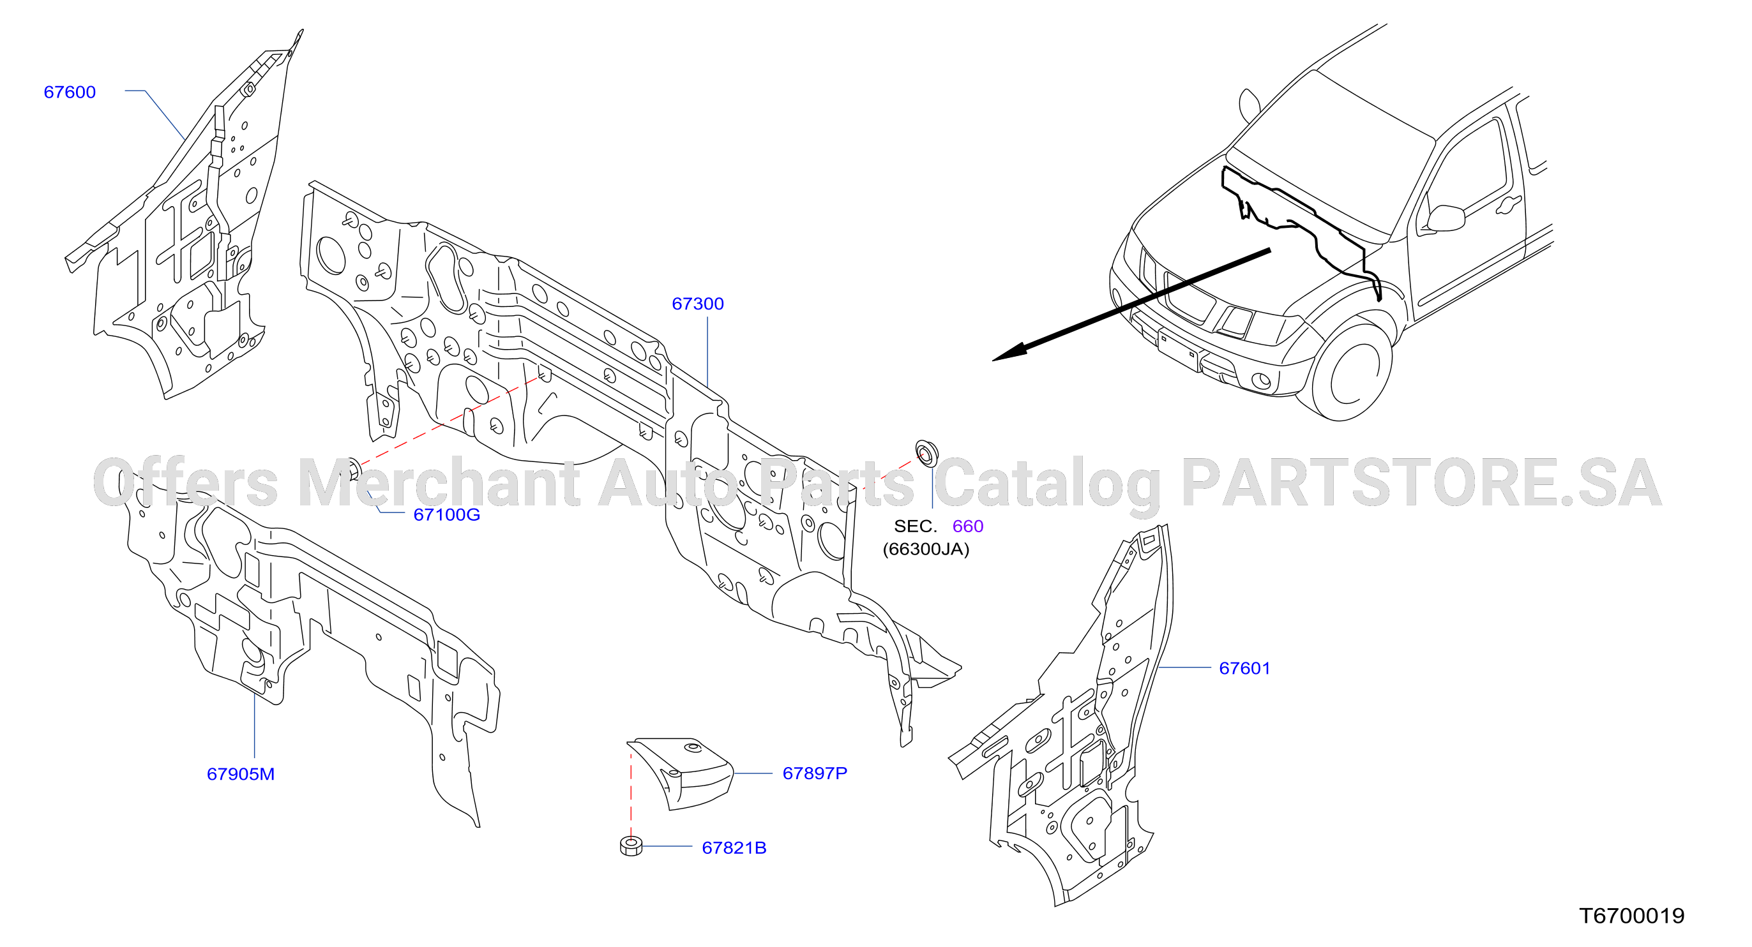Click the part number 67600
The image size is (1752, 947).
point(70,92)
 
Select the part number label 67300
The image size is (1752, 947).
point(698,303)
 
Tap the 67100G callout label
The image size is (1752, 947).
point(447,514)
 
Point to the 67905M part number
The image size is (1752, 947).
point(241,773)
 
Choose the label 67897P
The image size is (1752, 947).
point(815,773)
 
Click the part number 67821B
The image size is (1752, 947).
point(734,847)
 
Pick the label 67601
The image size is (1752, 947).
point(1244,668)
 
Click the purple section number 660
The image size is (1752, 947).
point(968,526)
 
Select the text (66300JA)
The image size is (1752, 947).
point(926,549)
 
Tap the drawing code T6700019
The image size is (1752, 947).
point(1631,916)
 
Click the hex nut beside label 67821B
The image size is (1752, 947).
point(631,846)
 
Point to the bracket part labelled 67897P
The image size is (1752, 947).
point(680,773)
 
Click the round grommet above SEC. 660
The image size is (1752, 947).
point(926,453)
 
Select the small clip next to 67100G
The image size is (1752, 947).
point(354,468)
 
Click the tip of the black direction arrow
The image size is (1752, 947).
point(993,361)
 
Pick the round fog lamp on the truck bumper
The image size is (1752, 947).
point(1260,381)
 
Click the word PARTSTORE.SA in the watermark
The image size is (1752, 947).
point(1421,483)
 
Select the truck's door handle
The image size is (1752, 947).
point(1508,204)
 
